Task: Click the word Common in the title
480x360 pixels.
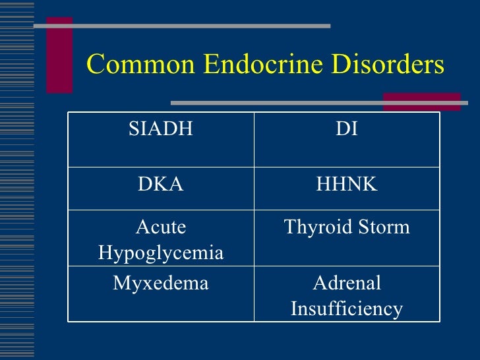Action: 140,65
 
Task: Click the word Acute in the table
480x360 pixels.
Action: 161,228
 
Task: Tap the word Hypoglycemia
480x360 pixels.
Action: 161,253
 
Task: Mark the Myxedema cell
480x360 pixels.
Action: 161,284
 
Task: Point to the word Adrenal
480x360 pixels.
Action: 347,284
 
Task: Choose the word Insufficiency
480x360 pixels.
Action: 347,309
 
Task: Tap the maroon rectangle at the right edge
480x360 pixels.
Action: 422,101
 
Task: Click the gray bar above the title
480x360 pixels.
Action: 181,26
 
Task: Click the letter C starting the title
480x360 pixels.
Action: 96,65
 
